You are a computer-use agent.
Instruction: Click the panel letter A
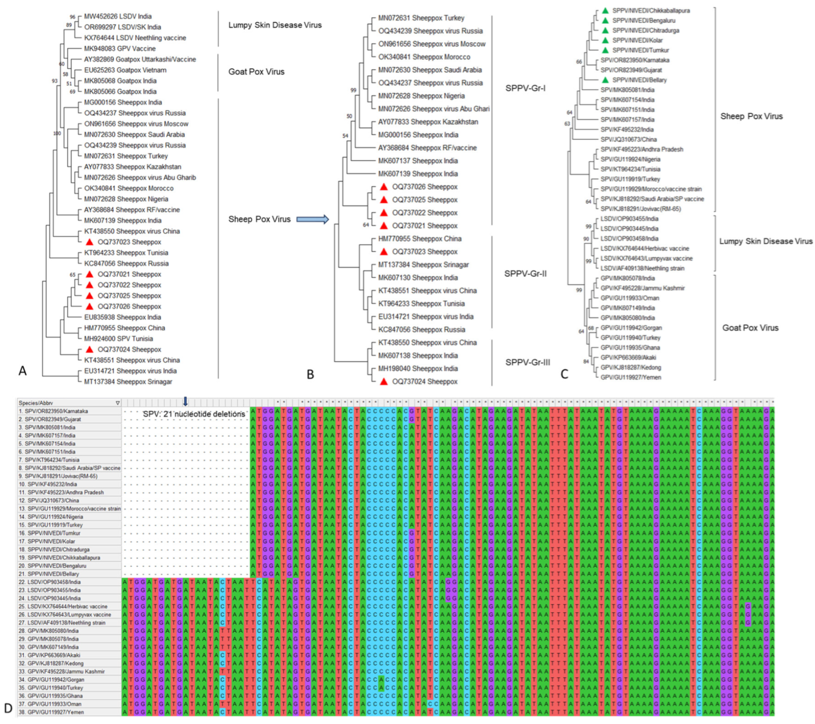23,371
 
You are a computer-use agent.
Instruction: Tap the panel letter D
8,708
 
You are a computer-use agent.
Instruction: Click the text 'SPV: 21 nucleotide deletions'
194,414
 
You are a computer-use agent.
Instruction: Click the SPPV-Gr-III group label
528,362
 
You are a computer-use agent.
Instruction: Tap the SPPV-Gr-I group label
525,88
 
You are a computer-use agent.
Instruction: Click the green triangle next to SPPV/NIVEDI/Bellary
605,80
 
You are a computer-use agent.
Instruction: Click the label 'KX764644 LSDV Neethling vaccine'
135,38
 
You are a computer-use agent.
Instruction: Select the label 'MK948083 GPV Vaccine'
120,49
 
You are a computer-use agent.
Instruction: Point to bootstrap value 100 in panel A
57,133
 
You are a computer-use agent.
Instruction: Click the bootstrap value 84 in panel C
586,362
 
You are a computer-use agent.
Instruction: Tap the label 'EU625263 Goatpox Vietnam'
125,70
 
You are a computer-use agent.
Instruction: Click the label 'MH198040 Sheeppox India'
418,369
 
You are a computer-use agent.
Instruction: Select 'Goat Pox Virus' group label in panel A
256,72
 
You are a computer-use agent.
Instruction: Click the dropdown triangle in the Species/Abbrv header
117,403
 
